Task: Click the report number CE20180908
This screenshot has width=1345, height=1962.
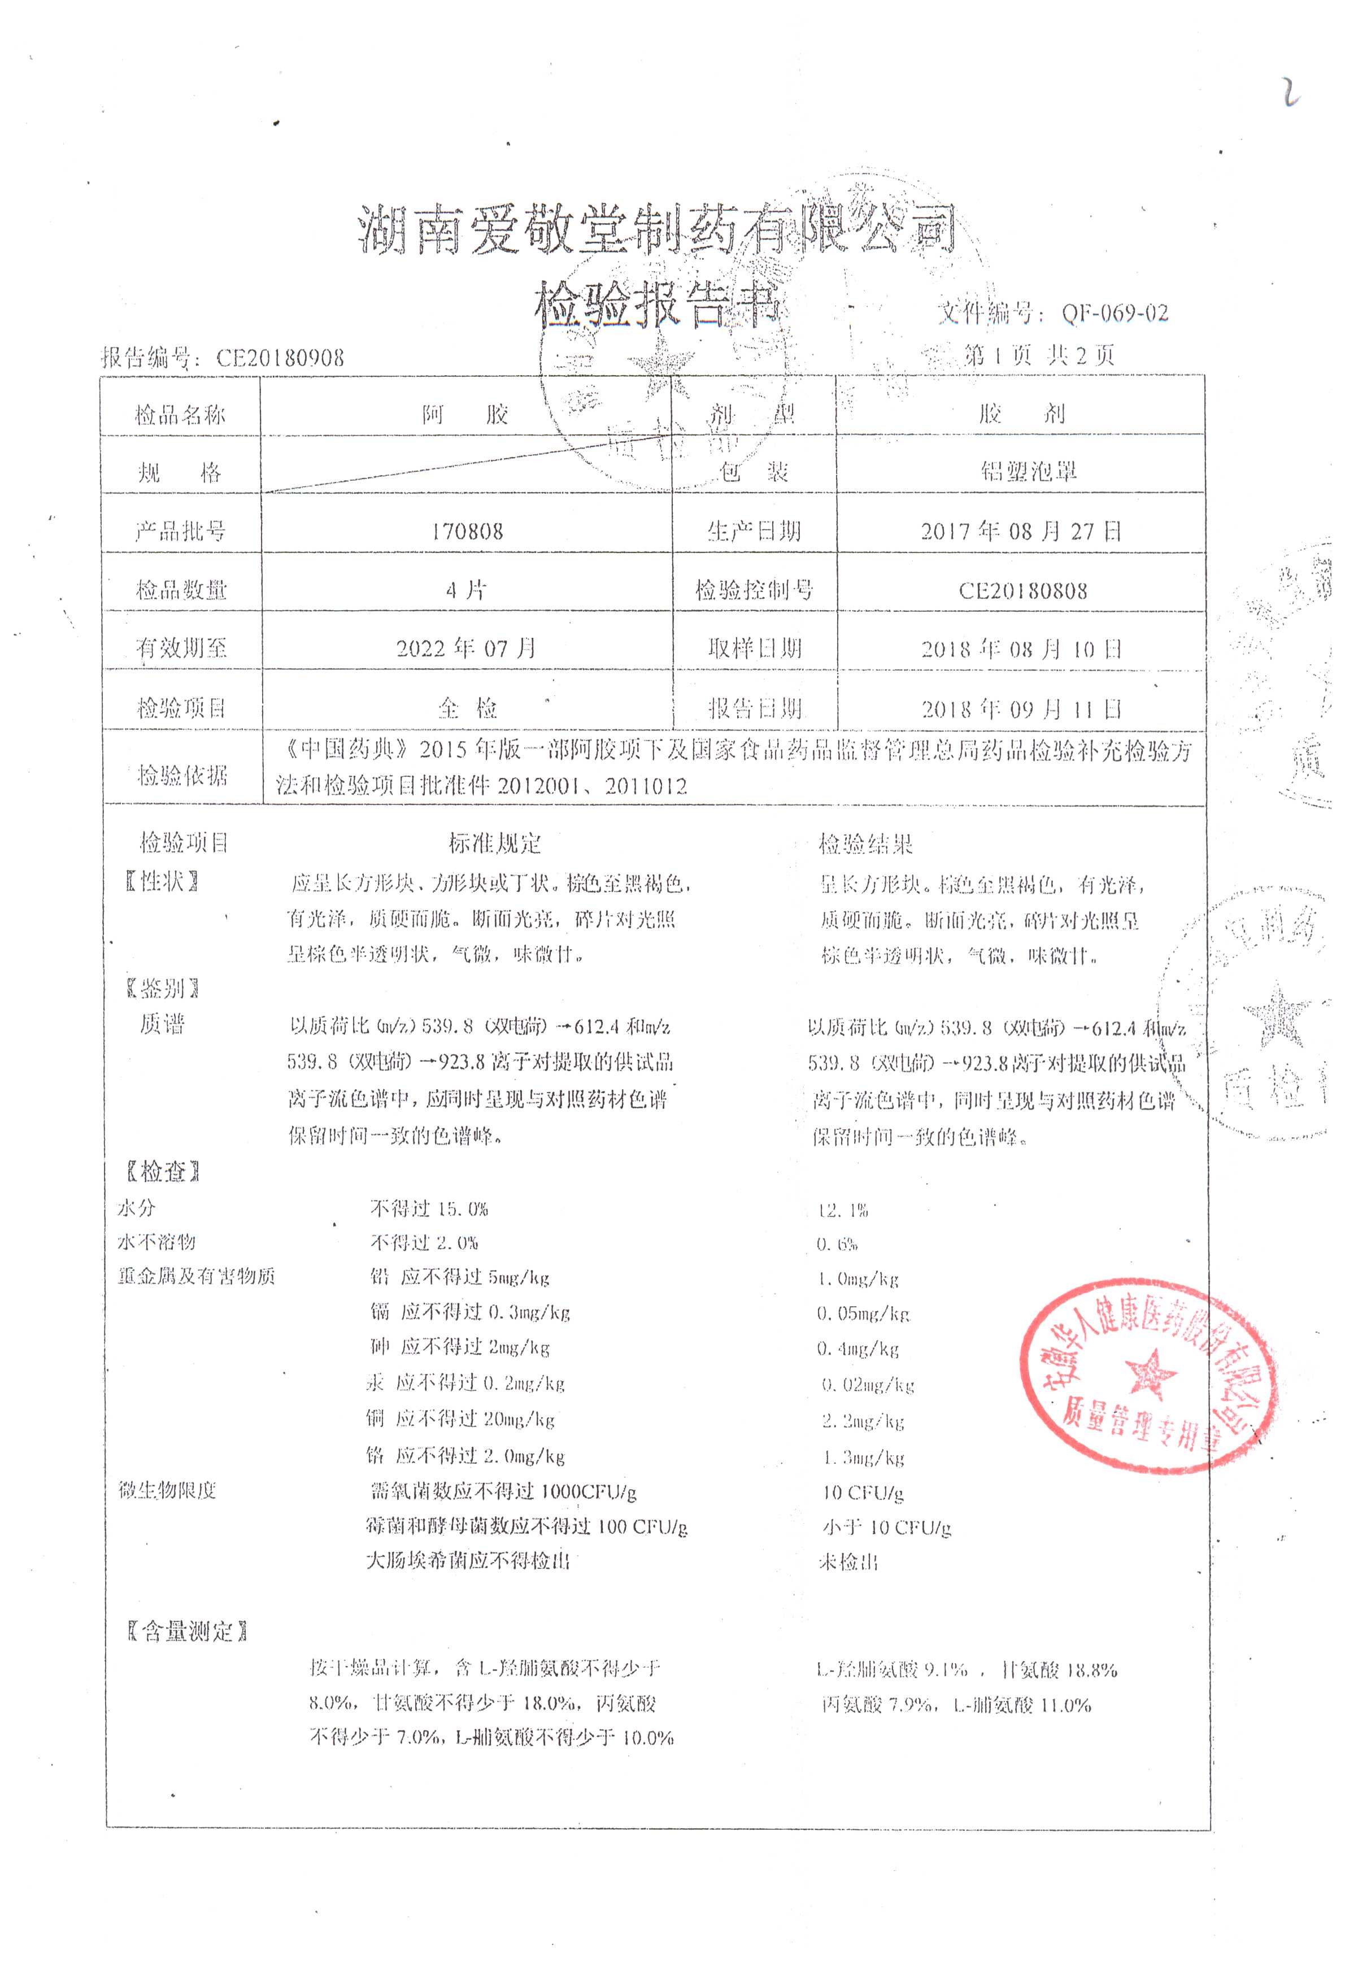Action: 280,358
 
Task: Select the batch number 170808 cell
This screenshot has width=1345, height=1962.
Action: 467,531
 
